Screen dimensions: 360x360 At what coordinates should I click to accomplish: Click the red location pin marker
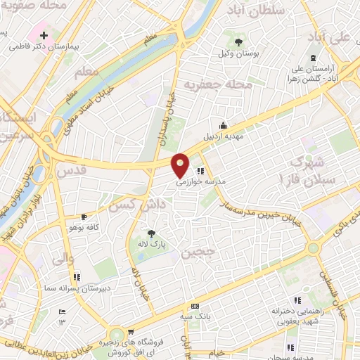point(181,165)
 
